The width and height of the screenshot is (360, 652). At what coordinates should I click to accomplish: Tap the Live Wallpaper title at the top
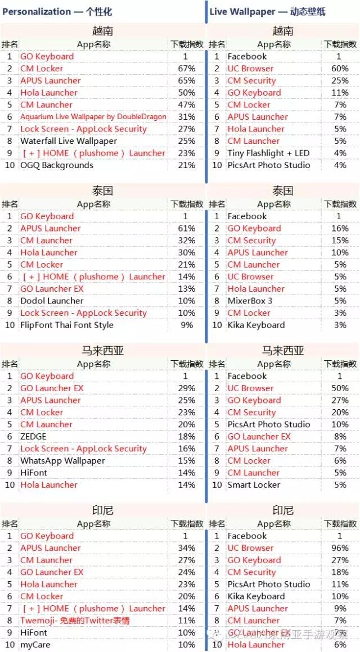click(268, 11)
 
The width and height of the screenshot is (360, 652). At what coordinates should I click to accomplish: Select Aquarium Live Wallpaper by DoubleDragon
click(93, 117)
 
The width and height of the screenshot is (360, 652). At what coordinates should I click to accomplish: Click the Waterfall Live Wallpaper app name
click(69, 141)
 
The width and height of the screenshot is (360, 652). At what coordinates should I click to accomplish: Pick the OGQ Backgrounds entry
click(57, 165)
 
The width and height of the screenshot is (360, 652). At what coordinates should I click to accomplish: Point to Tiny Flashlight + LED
click(268, 153)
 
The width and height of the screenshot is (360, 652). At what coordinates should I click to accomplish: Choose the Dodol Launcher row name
click(52, 301)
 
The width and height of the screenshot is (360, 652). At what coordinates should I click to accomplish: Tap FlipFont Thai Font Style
click(67, 325)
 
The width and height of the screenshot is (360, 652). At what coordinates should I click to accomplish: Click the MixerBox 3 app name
click(250, 301)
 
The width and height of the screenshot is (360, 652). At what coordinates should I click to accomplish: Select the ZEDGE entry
click(33, 436)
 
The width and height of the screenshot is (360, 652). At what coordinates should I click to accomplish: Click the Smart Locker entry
click(254, 485)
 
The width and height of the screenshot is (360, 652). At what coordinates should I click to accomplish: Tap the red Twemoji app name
click(75, 621)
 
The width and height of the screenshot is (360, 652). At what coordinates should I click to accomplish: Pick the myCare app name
click(35, 645)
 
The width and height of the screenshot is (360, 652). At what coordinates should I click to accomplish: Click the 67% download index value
click(186, 69)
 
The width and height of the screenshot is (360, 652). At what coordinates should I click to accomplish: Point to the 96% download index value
click(340, 548)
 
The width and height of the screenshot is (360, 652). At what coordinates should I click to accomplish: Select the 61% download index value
click(186, 228)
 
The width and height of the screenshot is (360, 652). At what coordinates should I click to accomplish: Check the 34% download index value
click(186, 548)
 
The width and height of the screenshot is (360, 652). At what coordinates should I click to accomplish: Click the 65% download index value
click(186, 80)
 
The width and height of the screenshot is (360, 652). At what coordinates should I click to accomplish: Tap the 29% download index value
click(186, 388)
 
